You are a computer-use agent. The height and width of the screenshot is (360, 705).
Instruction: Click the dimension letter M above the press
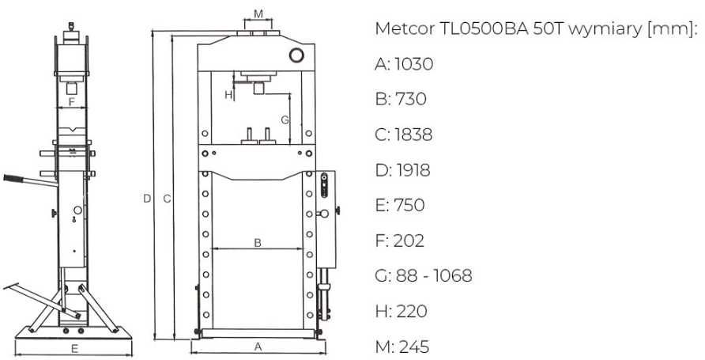(258, 14)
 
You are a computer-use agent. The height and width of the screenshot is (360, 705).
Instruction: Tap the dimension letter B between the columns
(258, 243)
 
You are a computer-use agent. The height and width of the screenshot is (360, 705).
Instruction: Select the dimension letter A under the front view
(258, 347)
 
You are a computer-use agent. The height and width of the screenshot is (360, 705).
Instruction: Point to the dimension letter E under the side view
(74, 348)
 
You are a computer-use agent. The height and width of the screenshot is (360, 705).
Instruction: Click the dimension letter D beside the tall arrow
(147, 199)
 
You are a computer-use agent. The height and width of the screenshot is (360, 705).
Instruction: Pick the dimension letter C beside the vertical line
(167, 199)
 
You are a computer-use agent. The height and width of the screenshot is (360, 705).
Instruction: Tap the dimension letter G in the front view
(285, 120)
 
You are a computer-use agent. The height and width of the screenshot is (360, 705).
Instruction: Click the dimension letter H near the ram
(228, 95)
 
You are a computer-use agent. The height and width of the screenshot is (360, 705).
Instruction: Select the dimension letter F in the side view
(71, 102)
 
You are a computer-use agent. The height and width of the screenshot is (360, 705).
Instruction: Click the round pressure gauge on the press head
(296, 55)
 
